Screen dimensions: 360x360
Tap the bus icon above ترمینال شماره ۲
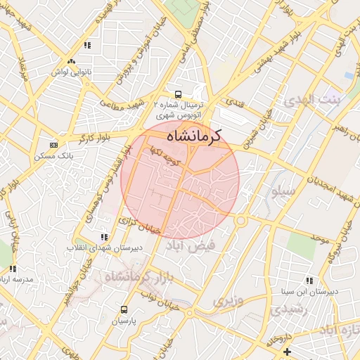coord(177,94)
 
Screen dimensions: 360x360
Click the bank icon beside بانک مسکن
coord(53,145)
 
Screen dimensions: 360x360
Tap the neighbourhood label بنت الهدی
coord(311,101)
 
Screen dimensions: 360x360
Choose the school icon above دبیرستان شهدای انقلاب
coord(104,237)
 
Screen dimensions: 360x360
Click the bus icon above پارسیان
coord(124,309)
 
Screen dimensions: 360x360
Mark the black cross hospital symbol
coord(286,351)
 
